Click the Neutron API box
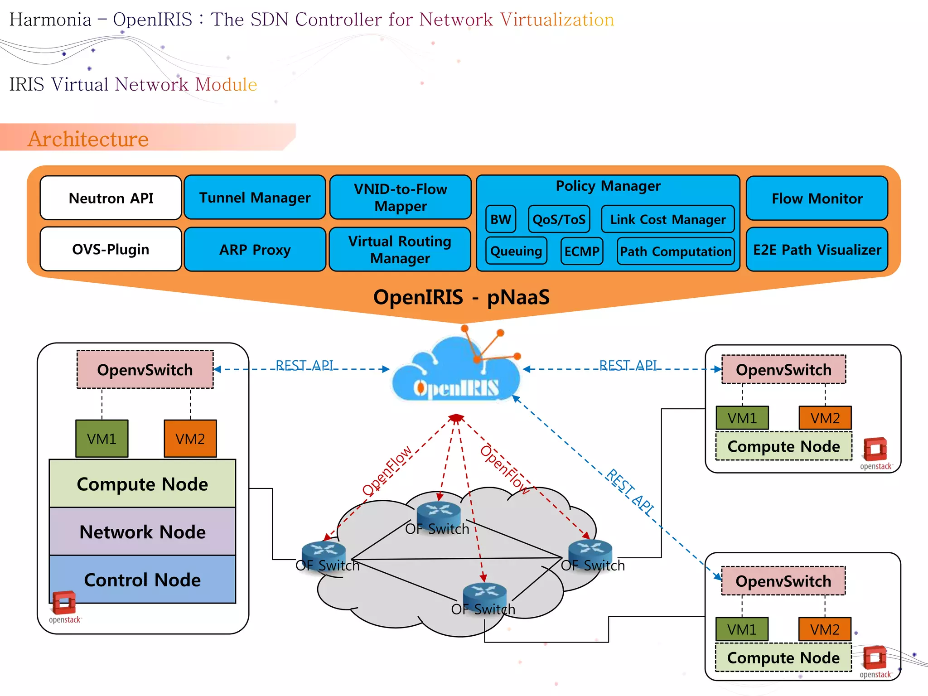pyautogui.click(x=111, y=198)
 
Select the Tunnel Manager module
pyautogui.click(x=255, y=198)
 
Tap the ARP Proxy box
pyautogui.click(x=255, y=250)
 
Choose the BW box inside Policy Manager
pyautogui.click(x=501, y=219)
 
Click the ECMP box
pyautogui.click(x=582, y=251)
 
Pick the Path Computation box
pyautogui.click(x=676, y=251)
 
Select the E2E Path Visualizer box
pyautogui.click(x=817, y=250)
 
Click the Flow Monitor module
pyautogui.click(x=817, y=198)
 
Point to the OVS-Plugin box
pyautogui.click(x=111, y=249)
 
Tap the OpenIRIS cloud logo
pyautogui.click(x=457, y=372)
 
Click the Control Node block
pyautogui.click(x=142, y=580)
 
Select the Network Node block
pyautogui.click(x=142, y=532)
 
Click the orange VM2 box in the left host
pyautogui.click(x=190, y=439)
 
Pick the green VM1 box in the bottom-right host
pyautogui.click(x=742, y=629)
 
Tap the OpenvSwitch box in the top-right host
pyautogui.click(x=783, y=370)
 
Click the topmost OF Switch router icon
pyautogui.click(x=439, y=512)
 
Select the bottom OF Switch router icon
pyautogui.click(x=484, y=593)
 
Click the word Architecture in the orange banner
pyautogui.click(x=88, y=139)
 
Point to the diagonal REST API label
pyautogui.click(x=630, y=492)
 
